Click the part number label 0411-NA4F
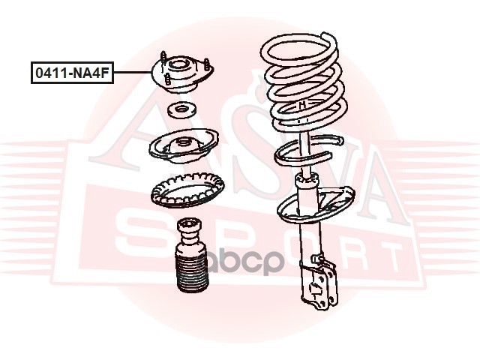pos(72,73)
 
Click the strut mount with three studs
pos(182,74)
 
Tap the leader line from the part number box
pos(133,73)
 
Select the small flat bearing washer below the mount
pos(181,110)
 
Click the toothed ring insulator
pos(187,190)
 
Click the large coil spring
pos(304,82)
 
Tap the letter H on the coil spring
pos(302,105)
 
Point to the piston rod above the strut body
pos(304,153)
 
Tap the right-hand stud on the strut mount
pos(207,65)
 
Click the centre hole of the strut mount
pos(178,65)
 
